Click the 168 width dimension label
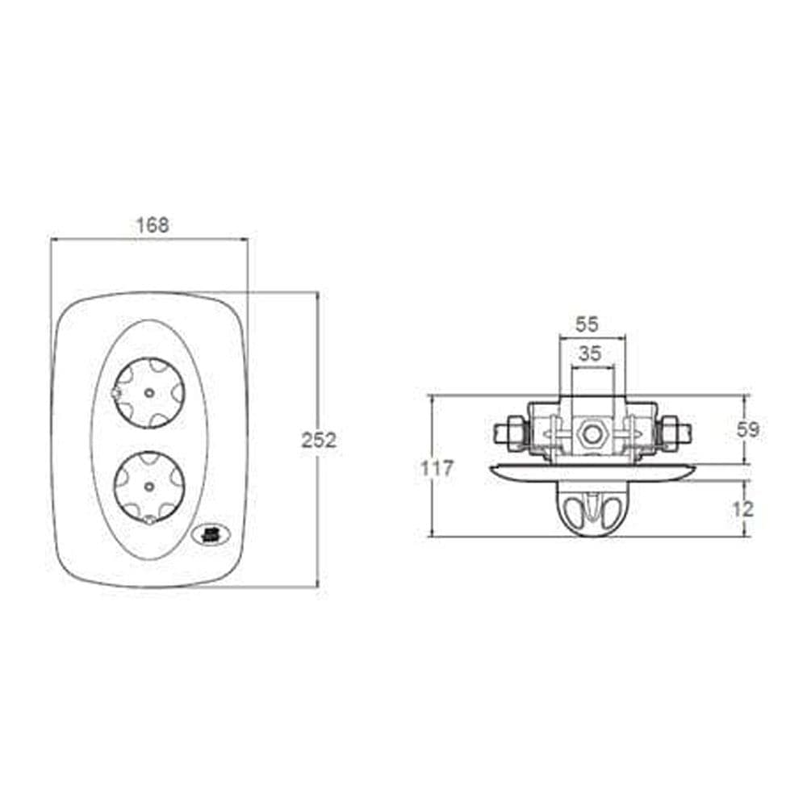point(153,225)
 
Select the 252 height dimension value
point(319,441)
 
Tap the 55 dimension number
point(587,324)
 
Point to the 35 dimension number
point(590,353)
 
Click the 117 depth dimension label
point(437,469)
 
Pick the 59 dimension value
point(747,430)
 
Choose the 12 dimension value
point(742,509)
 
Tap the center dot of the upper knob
point(148,393)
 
